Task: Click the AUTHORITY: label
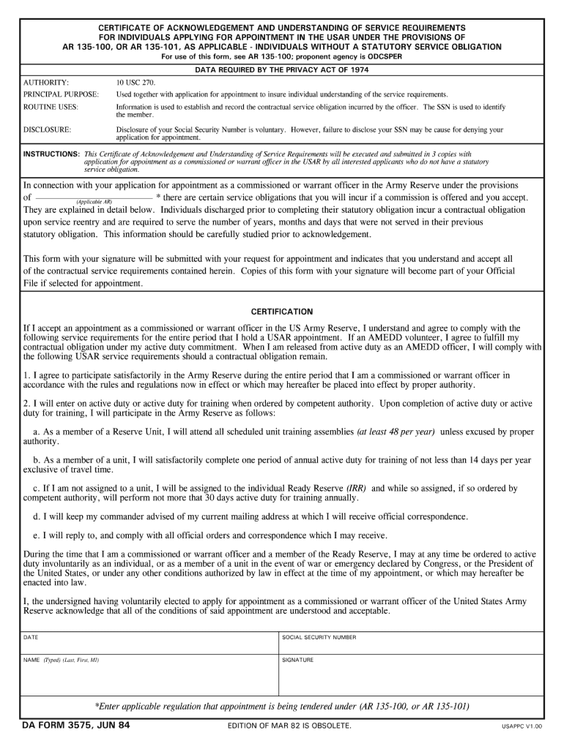point(46,83)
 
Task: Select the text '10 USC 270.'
point(136,83)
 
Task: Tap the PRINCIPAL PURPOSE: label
point(61,94)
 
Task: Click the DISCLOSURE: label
point(47,129)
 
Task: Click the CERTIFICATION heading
point(282,311)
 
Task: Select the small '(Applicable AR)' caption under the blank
point(94,201)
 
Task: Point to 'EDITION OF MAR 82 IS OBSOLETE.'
point(290,726)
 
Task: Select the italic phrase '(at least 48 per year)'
point(396,432)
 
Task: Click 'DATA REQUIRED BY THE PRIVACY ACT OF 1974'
point(282,69)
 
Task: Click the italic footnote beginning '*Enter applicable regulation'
point(282,707)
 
